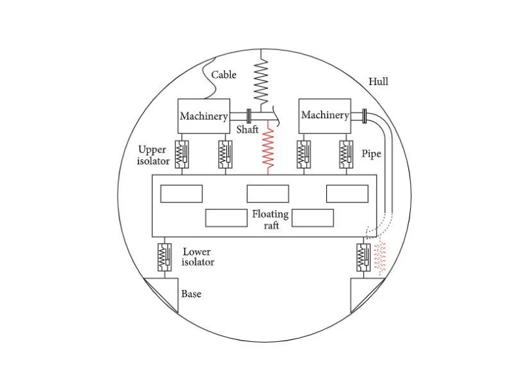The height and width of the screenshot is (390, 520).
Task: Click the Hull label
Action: (x=378, y=82)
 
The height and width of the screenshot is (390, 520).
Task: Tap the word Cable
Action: (x=224, y=75)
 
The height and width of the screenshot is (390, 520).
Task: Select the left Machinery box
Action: (x=203, y=116)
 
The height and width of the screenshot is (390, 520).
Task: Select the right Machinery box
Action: (x=324, y=115)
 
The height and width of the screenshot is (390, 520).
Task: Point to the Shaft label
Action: (x=247, y=130)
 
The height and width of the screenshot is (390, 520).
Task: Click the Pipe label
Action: (x=371, y=154)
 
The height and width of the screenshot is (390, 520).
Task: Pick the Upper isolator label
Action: (x=154, y=155)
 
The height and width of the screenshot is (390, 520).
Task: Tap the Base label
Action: (x=191, y=294)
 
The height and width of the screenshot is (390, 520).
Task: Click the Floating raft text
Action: (x=266, y=218)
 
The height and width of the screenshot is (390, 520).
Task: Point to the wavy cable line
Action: (x=211, y=81)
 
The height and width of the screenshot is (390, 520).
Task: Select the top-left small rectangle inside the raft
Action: (x=181, y=194)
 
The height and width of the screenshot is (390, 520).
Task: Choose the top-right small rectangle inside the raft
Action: (x=347, y=194)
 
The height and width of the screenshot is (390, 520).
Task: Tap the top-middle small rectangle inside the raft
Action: (x=268, y=194)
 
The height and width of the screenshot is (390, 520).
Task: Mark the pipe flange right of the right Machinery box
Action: (x=364, y=116)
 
